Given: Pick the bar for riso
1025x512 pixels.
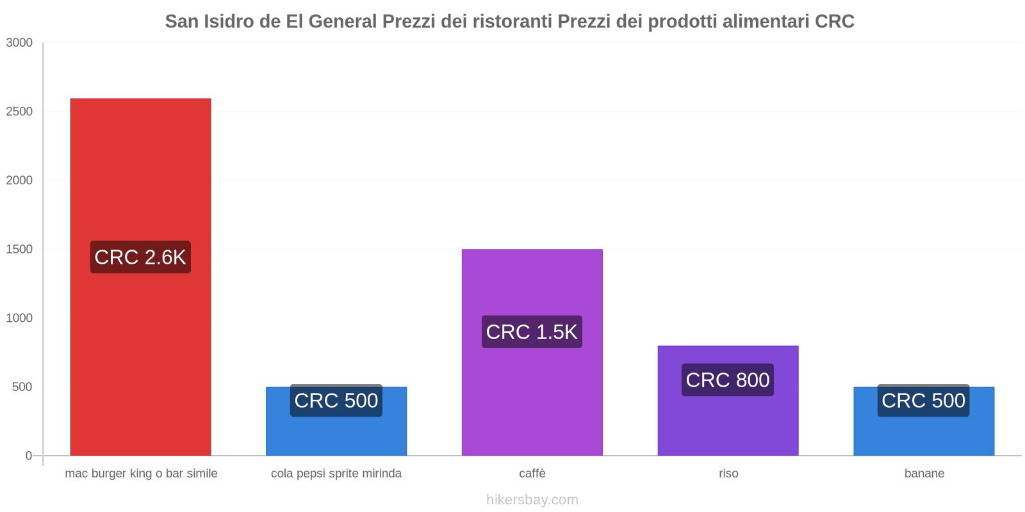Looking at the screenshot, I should [x=728, y=422].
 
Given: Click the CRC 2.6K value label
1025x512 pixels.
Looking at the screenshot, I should [x=140, y=257].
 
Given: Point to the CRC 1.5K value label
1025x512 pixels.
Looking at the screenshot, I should [x=532, y=332].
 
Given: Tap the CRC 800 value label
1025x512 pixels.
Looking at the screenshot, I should [x=728, y=380].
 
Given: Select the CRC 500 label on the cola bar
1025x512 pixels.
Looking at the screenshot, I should [x=336, y=401].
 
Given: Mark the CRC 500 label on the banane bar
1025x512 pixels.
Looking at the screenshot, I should [x=924, y=401].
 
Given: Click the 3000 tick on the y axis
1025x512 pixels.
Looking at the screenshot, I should [x=19, y=43].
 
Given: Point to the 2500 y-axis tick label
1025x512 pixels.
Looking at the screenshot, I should [x=19, y=112].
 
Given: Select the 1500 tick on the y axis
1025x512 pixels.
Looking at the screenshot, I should [x=19, y=250].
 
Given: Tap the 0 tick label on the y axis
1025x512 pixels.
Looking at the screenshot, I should [x=28, y=456].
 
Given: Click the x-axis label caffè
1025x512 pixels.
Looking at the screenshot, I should [x=532, y=474].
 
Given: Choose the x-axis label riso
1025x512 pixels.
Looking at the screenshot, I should [x=728, y=474].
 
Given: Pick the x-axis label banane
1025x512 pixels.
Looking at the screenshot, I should [x=924, y=474].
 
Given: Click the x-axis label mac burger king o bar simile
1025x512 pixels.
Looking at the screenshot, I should [x=141, y=474].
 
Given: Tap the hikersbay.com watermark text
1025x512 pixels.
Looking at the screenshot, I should [x=532, y=500].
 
